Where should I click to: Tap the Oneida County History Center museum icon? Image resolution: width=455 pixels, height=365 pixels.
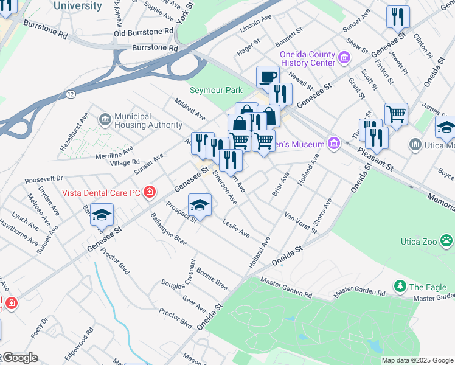344,58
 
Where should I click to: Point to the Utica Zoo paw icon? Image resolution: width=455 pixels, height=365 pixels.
447,241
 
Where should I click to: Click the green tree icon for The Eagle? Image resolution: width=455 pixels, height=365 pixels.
400,287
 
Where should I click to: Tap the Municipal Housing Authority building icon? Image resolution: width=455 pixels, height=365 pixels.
105,117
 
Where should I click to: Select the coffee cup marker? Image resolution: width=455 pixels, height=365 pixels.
268,77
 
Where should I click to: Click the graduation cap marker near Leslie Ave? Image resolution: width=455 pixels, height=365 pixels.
200,206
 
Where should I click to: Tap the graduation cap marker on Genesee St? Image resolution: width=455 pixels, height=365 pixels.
102,215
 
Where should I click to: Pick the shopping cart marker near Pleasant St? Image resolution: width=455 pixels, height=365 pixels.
396,114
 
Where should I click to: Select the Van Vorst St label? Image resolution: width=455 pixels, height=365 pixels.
302,223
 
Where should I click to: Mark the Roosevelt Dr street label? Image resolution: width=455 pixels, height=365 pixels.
44,180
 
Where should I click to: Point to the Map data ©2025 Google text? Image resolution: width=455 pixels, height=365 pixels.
417,360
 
